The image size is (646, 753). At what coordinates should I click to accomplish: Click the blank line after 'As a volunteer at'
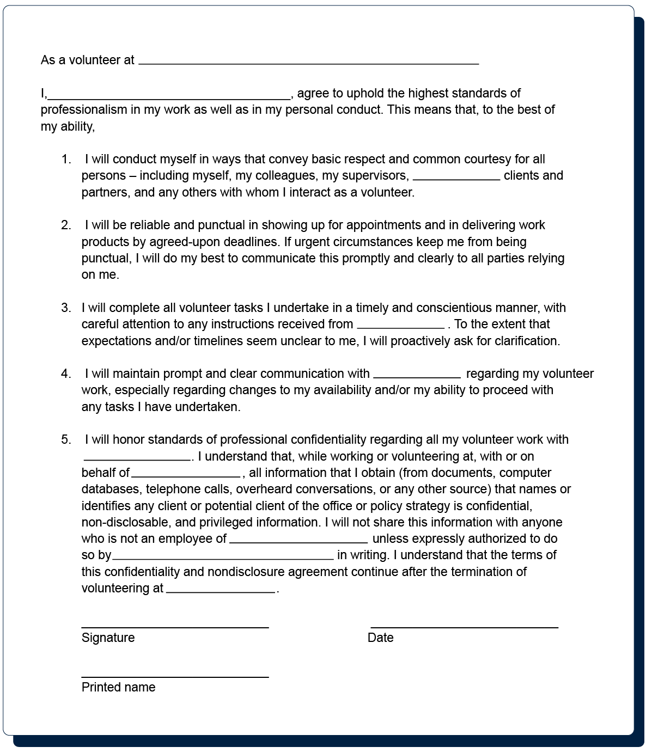(308, 63)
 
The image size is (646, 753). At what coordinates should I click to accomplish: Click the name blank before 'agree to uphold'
(169, 98)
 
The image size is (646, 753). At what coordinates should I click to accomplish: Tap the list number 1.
(66, 160)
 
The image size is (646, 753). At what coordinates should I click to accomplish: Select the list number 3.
(66, 308)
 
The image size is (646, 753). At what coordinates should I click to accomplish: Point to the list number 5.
(66, 440)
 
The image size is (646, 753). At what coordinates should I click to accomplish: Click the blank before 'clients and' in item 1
(456, 178)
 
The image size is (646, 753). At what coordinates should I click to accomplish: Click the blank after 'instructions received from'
(400, 327)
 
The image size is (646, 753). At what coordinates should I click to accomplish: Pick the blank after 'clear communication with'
(417, 376)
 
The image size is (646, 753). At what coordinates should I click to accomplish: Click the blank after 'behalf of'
(185, 475)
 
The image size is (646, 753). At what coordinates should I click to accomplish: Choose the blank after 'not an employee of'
(298, 541)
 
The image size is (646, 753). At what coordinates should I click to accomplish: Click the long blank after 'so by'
(223, 558)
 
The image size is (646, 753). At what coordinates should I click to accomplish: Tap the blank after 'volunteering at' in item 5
(220, 591)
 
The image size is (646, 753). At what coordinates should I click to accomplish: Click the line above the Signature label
(175, 627)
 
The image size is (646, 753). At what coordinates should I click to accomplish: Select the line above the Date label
(464, 627)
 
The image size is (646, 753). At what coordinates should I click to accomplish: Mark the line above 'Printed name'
(175, 677)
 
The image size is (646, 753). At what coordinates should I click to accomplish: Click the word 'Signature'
(108, 638)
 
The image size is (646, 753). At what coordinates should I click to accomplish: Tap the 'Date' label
(380, 638)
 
